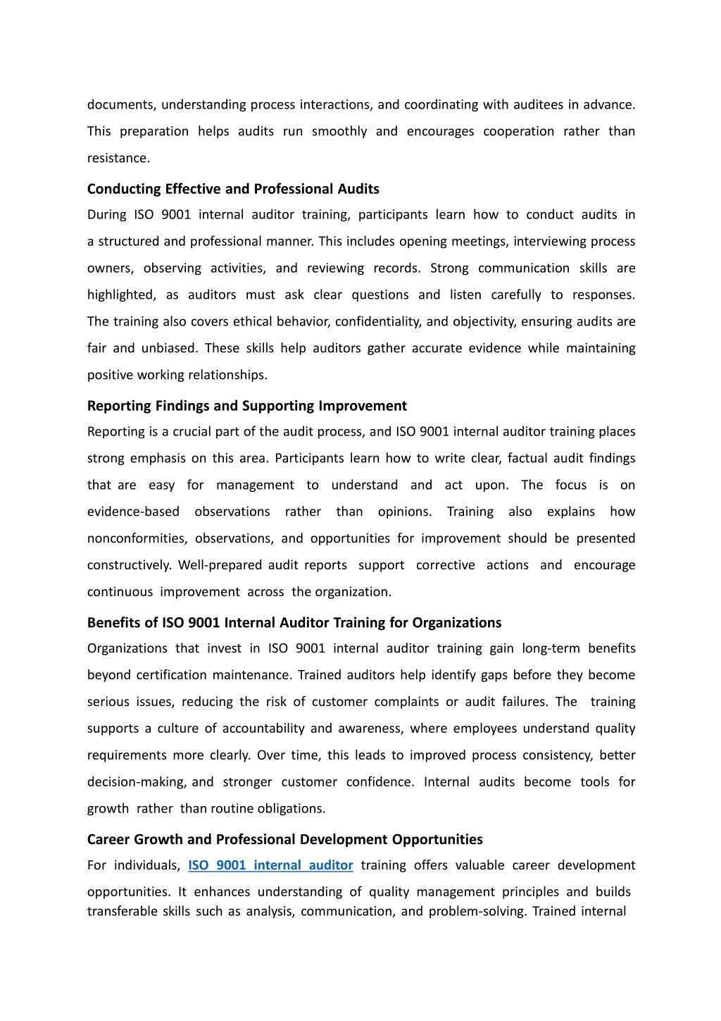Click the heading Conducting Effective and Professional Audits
tap(233, 189)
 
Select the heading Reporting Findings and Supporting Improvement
tap(246, 406)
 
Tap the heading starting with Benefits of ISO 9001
tap(294, 623)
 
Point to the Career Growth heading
tap(284, 839)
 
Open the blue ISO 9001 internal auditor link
tap(270, 865)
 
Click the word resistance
tap(118, 158)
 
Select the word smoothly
tap(339, 131)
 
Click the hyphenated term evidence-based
tap(133, 512)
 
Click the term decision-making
tap(137, 782)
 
